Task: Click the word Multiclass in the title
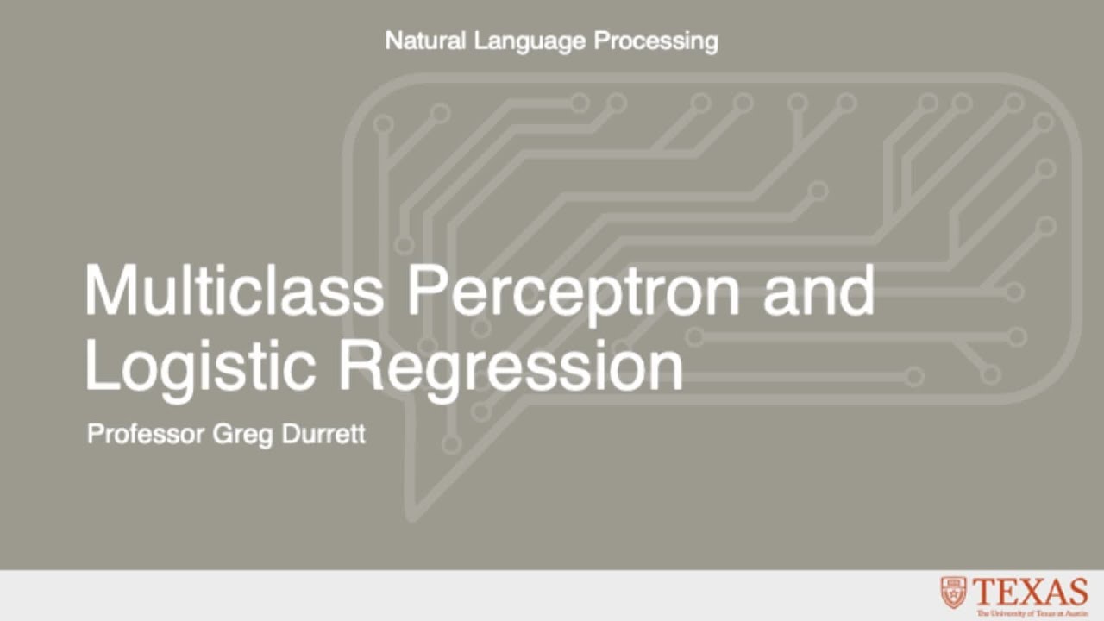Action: (x=233, y=292)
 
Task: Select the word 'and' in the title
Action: (x=819, y=292)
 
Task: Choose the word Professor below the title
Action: (x=145, y=433)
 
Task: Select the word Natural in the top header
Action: (x=426, y=41)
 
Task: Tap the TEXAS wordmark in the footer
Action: (x=1031, y=593)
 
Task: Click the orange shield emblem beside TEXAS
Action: (x=953, y=593)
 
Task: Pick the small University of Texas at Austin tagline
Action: (x=1032, y=612)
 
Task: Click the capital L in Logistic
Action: (x=98, y=365)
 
